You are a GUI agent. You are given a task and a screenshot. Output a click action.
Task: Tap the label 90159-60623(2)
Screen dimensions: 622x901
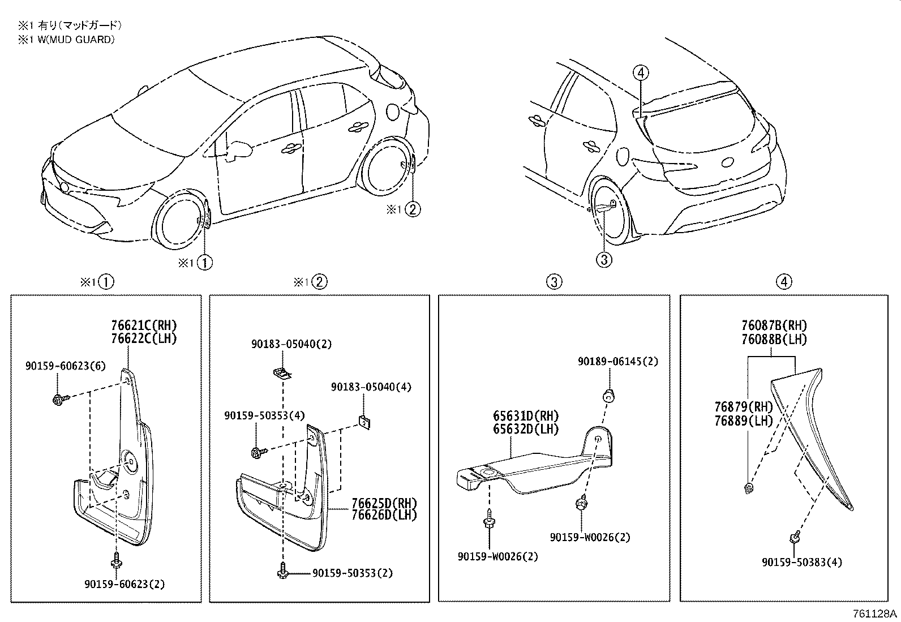tap(125, 584)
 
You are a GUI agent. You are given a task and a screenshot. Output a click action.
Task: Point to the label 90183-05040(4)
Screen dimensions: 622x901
tap(371, 387)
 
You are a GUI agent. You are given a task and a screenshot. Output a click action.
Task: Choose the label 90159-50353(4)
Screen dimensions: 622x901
tap(264, 415)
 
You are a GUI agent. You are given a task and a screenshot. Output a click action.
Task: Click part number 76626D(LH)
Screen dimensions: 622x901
tap(384, 515)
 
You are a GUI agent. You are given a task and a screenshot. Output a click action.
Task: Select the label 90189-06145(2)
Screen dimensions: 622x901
tap(618, 361)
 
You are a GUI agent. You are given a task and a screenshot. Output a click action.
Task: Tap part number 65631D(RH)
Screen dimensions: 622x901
tap(525, 417)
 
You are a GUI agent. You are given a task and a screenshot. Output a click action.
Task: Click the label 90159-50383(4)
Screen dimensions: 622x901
tap(802, 562)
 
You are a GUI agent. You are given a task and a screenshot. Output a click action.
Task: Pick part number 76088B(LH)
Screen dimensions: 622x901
tap(774, 340)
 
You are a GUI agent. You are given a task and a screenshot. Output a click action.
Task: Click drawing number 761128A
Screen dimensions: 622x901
tap(875, 614)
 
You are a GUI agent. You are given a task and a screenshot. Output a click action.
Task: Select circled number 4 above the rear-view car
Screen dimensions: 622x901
tap(641, 72)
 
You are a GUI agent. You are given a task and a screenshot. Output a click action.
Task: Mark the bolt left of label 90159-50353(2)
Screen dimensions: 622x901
tap(283, 573)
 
